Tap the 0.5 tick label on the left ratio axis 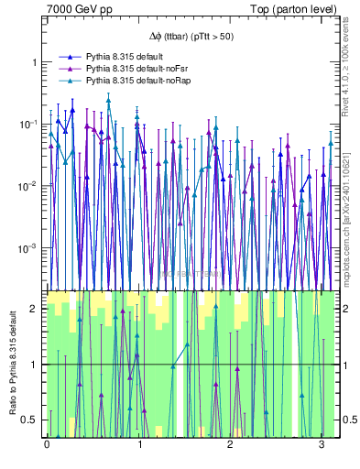click(30, 420)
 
